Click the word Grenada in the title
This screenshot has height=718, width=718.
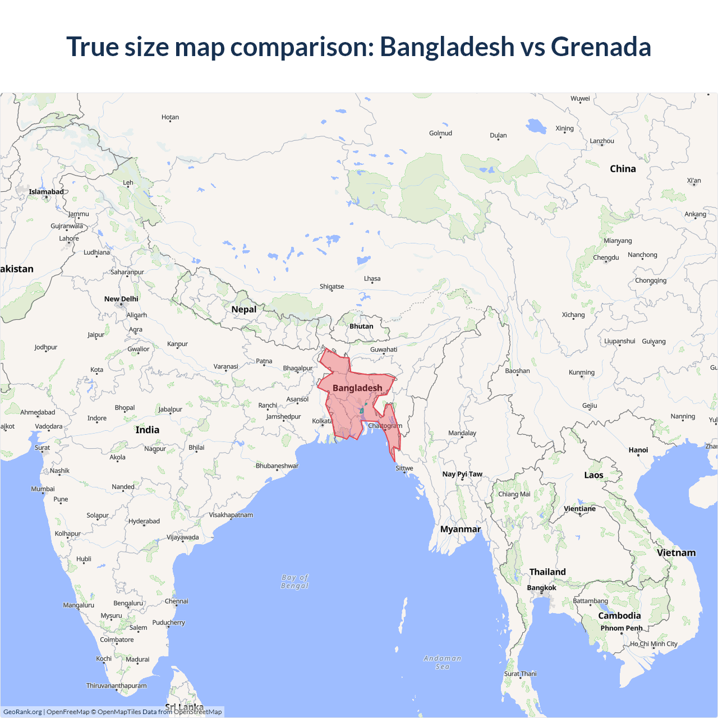click(601, 47)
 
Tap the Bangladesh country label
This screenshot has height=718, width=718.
click(357, 388)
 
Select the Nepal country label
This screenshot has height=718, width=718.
click(243, 310)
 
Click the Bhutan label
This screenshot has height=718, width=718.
click(361, 326)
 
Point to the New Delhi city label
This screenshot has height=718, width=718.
click(121, 299)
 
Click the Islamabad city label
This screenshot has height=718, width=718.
click(47, 192)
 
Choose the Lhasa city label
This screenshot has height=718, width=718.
click(372, 279)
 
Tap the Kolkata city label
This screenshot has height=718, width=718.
click(322, 421)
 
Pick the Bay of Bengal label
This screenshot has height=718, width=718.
click(295, 582)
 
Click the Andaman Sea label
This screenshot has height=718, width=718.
click(443, 662)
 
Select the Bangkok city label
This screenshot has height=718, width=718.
click(542, 588)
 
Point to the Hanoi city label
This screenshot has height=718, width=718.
click(638, 450)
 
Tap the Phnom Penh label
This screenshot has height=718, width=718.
click(622, 628)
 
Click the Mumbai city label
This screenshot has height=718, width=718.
click(43, 489)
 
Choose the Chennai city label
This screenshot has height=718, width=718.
click(177, 601)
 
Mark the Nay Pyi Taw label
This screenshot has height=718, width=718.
click(462, 474)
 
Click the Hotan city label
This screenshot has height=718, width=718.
click(170, 117)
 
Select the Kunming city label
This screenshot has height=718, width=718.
click(582, 372)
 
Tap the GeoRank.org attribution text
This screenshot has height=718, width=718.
click(22, 712)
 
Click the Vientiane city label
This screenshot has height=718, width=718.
click(579, 509)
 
